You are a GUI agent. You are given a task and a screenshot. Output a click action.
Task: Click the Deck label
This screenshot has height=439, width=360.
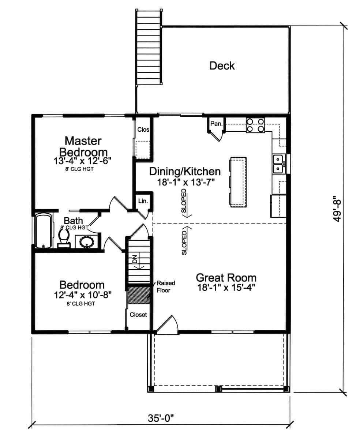pos(222,66)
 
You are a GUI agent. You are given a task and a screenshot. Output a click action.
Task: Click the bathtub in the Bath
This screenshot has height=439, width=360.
pos(43,231)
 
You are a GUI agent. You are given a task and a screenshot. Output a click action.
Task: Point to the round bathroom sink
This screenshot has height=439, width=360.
pos(87,242)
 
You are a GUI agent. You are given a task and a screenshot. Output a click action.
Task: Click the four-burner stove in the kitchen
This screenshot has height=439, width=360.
pos(255,125)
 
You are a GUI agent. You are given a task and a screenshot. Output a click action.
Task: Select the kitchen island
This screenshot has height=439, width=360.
pos(238,181)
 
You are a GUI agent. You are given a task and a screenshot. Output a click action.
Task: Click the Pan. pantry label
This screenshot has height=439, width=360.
pos(216,124)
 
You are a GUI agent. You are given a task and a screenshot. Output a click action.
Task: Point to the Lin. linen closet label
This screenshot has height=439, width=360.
pos(142,201)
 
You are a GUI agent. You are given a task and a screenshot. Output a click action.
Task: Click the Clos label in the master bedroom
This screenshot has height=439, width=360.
pos(143,130)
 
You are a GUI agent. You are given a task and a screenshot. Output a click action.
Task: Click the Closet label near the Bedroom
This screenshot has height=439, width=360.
pos(138,315)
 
